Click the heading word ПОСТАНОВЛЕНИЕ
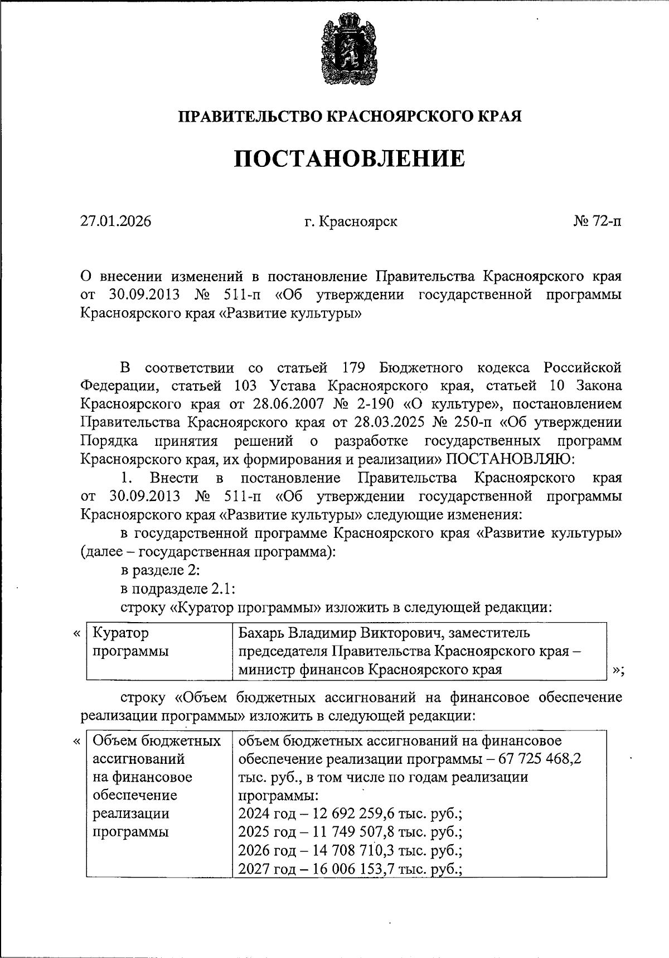click(x=349, y=159)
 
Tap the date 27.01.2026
click(x=116, y=222)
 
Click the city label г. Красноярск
click(x=351, y=222)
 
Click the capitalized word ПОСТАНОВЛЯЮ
click(x=506, y=459)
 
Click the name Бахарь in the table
click(x=261, y=633)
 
